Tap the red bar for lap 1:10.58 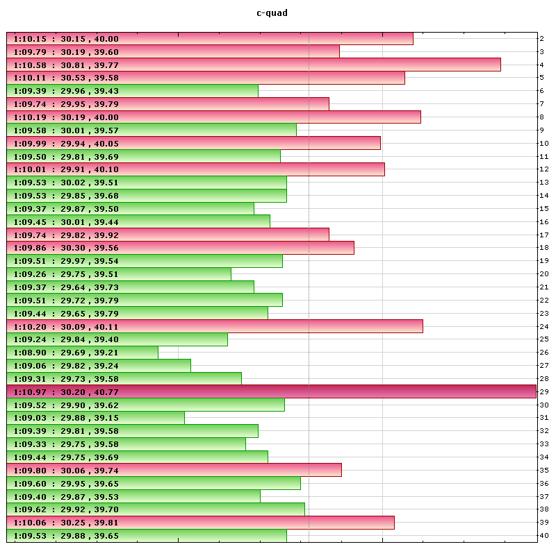pos(254,65)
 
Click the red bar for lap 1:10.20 pos(215,326)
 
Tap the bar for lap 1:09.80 pos(174,470)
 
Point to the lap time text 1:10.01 pos(30,169)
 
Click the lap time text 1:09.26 pos(30,274)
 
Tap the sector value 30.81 pos(73,65)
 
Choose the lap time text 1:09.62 pos(30,509)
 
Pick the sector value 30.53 pos(73,78)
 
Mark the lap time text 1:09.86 pos(30,248)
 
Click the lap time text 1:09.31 pos(30,378)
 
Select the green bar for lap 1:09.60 pos(154,483)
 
